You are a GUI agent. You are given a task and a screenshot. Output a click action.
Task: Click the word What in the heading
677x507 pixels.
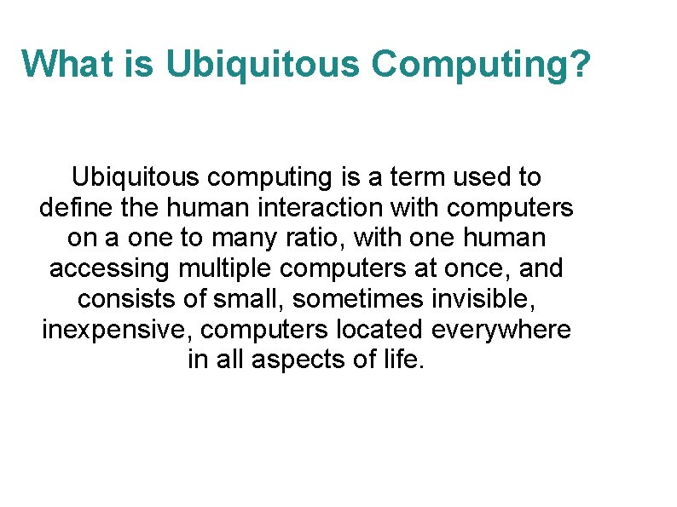tap(59, 63)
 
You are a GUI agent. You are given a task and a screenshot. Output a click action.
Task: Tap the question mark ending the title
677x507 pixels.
tap(580, 63)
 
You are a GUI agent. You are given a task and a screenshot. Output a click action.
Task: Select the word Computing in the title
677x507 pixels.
tap(472, 63)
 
